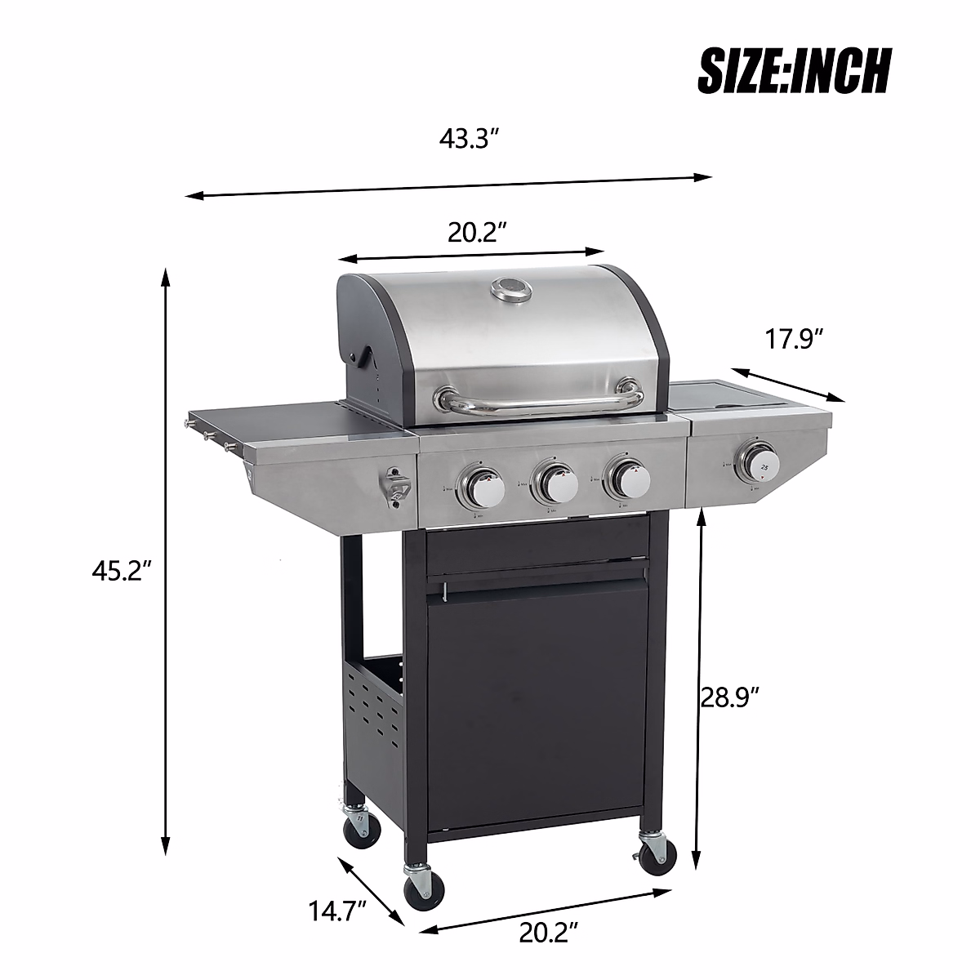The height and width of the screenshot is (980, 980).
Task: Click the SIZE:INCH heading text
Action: (x=793, y=71)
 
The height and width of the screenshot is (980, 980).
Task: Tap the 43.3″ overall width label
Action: (x=469, y=139)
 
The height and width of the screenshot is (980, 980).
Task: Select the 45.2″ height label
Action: (x=122, y=572)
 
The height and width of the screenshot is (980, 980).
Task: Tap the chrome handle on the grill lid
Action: (x=539, y=399)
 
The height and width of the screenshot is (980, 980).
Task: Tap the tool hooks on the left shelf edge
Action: (x=208, y=433)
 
